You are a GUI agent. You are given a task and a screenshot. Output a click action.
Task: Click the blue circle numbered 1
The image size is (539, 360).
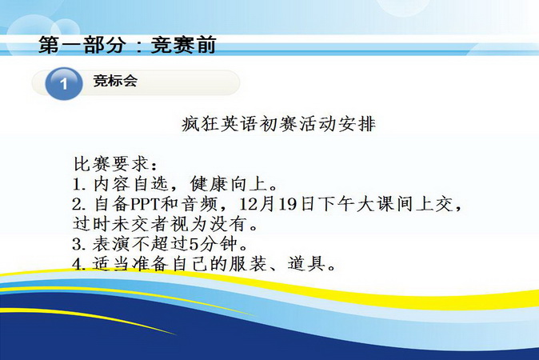pyautogui.click(x=64, y=83)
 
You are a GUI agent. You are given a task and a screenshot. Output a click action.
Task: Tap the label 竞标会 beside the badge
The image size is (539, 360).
pyautogui.click(x=115, y=81)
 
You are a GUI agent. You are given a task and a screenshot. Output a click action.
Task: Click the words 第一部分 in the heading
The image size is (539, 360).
pyautogui.click(x=81, y=45)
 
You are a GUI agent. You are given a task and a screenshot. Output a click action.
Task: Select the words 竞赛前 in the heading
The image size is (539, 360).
pyautogui.click(x=183, y=45)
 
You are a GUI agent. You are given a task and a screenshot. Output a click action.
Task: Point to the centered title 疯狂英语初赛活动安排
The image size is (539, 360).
pyautogui.click(x=278, y=124)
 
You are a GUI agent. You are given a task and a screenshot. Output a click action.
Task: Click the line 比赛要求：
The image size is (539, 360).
pyautogui.click(x=116, y=164)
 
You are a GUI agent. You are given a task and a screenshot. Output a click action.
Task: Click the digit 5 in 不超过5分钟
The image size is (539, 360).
pyautogui.click(x=194, y=245)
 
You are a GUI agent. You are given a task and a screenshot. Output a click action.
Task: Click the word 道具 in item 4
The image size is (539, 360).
pyautogui.click(x=306, y=264)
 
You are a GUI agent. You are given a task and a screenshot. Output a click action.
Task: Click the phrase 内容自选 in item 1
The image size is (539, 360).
pyautogui.click(x=130, y=184)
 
